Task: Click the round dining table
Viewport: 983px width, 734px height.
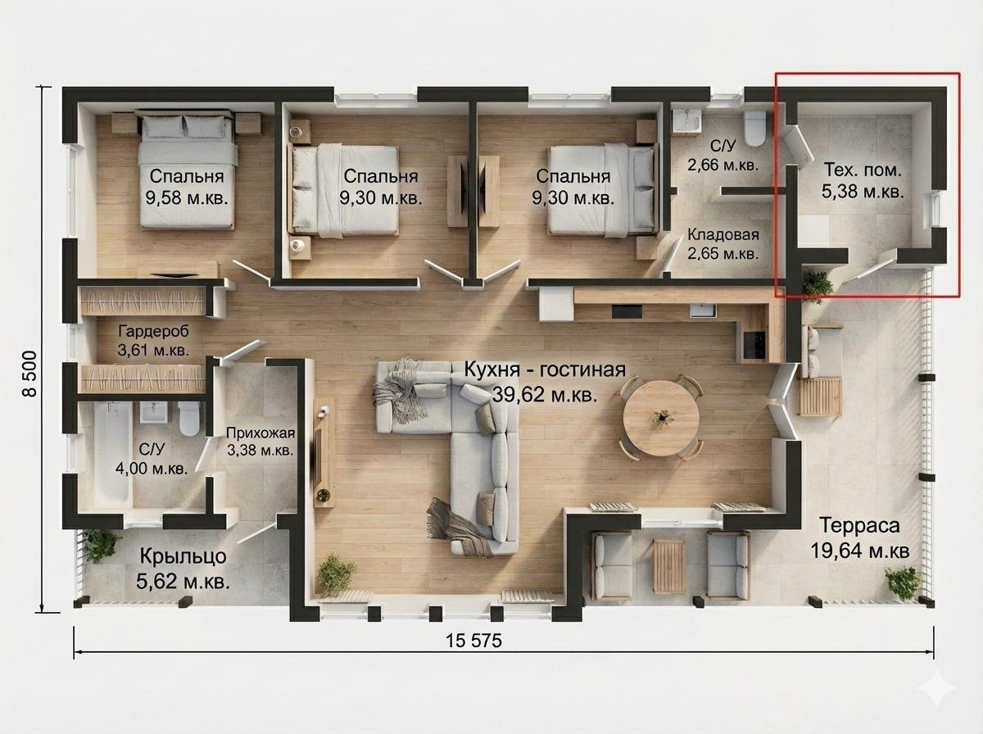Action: click(x=661, y=418)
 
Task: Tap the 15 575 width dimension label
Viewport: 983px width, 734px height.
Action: click(x=473, y=641)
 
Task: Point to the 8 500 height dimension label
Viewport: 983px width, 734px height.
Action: click(x=30, y=374)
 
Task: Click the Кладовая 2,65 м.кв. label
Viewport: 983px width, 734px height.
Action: click(x=723, y=244)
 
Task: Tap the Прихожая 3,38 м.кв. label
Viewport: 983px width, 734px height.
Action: click(x=260, y=441)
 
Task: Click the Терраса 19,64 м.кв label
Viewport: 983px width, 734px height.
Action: click(x=860, y=537)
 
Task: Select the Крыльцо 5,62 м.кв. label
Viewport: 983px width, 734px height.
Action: click(x=183, y=569)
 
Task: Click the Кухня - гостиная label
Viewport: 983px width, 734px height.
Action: click(x=545, y=370)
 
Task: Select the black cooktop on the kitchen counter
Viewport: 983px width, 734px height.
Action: click(x=754, y=345)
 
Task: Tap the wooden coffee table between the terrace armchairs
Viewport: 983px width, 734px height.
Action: click(x=669, y=565)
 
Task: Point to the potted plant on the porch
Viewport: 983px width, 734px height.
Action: click(x=102, y=546)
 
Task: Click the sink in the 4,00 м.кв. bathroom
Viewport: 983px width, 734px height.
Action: click(x=155, y=412)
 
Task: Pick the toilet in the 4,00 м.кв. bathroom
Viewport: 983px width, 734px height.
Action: click(x=188, y=418)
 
